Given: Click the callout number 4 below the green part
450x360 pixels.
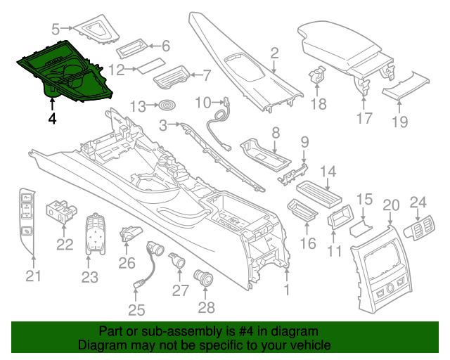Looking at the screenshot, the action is [52, 118].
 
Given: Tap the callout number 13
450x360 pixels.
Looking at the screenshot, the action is [138, 107].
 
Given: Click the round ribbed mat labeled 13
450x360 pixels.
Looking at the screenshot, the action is [167, 105].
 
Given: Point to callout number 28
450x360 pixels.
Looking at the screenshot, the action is [206, 308].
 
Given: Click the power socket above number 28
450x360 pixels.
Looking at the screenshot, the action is [203, 278].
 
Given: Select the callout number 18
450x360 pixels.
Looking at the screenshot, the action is [319, 104].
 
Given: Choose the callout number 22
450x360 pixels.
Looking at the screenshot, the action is [65, 245].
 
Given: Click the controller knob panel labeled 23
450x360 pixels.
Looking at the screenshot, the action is [95, 233].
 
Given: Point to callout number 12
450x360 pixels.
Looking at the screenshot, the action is [117, 70].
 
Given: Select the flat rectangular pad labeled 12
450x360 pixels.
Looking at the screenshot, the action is [152, 66].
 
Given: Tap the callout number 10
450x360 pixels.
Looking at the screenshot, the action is [203, 103].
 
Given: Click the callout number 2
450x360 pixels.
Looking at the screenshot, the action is [275, 53].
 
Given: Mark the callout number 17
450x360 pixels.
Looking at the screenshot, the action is [364, 118].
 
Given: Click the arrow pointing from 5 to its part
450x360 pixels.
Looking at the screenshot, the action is [67, 28].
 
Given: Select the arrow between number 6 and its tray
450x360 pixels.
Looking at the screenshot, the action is [155, 46].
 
